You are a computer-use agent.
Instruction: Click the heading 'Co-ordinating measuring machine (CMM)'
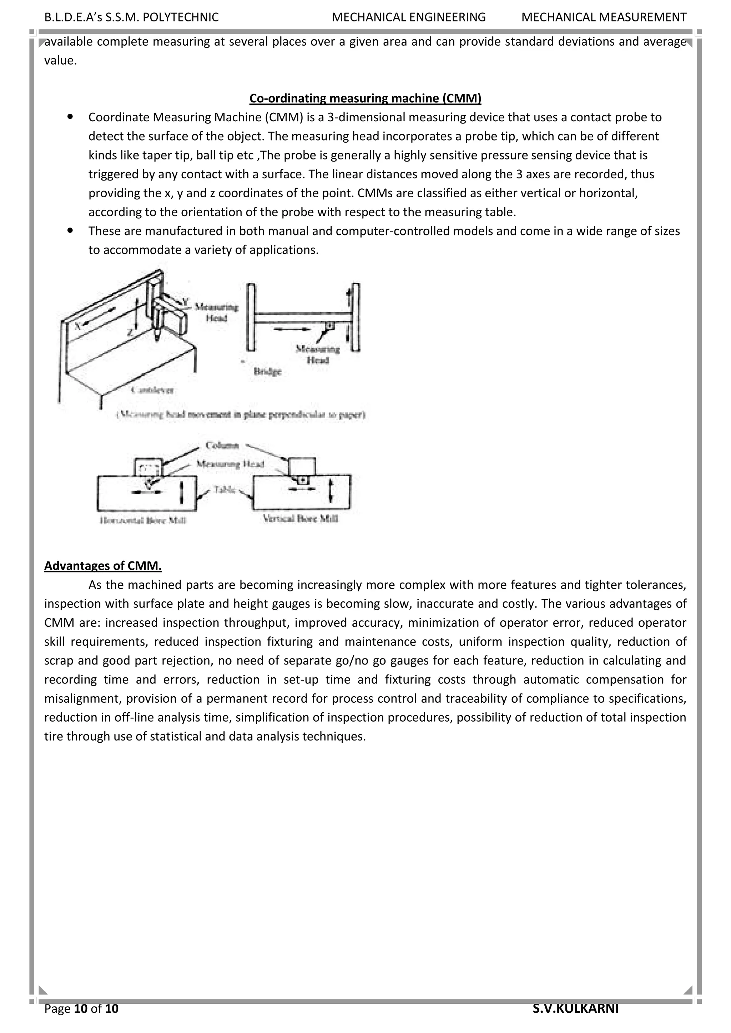click(365, 98)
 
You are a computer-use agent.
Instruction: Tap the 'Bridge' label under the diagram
click(267, 371)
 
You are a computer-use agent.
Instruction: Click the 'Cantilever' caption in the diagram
click(152, 390)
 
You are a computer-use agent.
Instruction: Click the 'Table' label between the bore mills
click(225, 489)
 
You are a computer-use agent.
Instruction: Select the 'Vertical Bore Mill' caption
click(300, 518)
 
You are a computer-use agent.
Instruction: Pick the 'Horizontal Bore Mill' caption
click(143, 520)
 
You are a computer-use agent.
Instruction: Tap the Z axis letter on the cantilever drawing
click(130, 333)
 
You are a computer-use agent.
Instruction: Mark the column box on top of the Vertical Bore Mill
click(302, 465)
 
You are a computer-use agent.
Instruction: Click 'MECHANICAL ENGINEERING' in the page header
click(408, 17)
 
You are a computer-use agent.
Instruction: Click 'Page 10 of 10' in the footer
click(81, 1009)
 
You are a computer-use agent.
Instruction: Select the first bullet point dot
click(70, 116)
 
